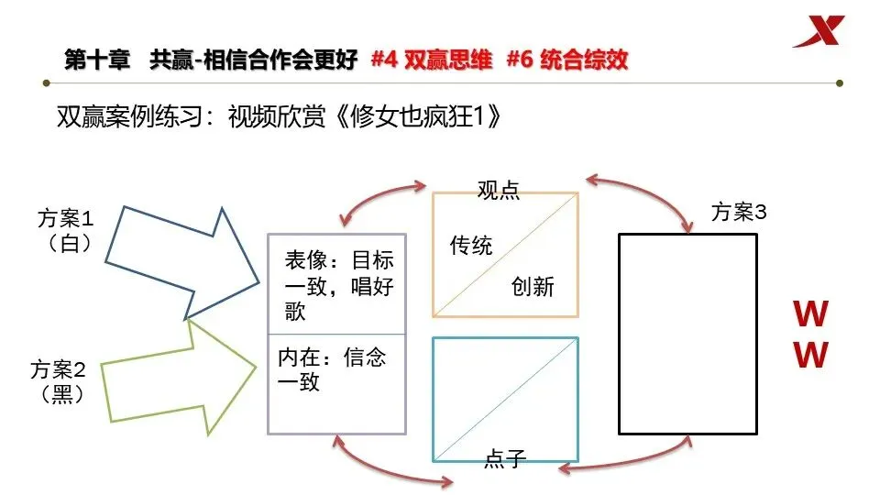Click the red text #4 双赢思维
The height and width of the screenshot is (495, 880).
pos(432,60)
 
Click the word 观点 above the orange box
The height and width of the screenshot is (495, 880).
pos(498,190)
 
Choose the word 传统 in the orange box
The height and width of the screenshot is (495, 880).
pos(470,246)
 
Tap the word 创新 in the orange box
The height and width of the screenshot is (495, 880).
pos(533,286)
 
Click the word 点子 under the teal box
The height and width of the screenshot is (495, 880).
pos(504,459)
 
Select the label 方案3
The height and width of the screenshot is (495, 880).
pos(739,213)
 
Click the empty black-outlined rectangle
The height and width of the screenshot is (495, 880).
pos(687,334)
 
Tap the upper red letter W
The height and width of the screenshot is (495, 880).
pos(810,315)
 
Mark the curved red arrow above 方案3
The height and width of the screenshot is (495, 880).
pos(641,195)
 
